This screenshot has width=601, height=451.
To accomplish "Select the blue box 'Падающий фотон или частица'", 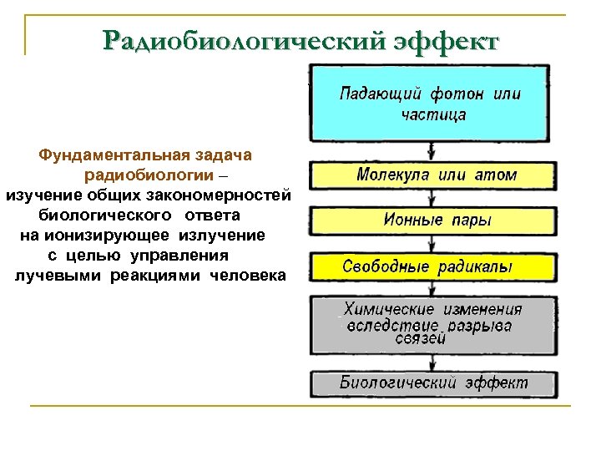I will pos(429,103).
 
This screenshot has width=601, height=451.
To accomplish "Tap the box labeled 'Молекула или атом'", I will pos(432,175).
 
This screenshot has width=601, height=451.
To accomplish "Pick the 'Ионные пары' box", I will pos(432,221).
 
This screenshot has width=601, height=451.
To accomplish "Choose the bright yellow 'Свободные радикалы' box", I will pos(432,267).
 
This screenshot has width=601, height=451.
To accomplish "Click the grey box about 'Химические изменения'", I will pos(432,323).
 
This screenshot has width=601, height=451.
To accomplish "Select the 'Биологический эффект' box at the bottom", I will pos(432,383).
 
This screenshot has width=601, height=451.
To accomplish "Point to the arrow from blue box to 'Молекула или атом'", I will pos(431,151).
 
